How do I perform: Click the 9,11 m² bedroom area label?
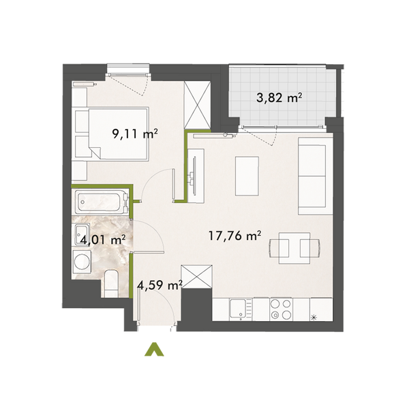tap(135, 134)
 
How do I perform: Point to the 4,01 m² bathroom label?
tap(102, 239)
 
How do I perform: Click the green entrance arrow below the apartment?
tap(155, 349)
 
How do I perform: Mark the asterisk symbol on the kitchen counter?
tap(314, 318)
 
